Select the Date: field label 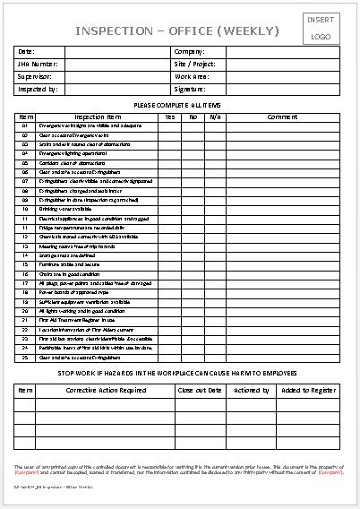point(26,52)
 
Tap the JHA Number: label point(37,65)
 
